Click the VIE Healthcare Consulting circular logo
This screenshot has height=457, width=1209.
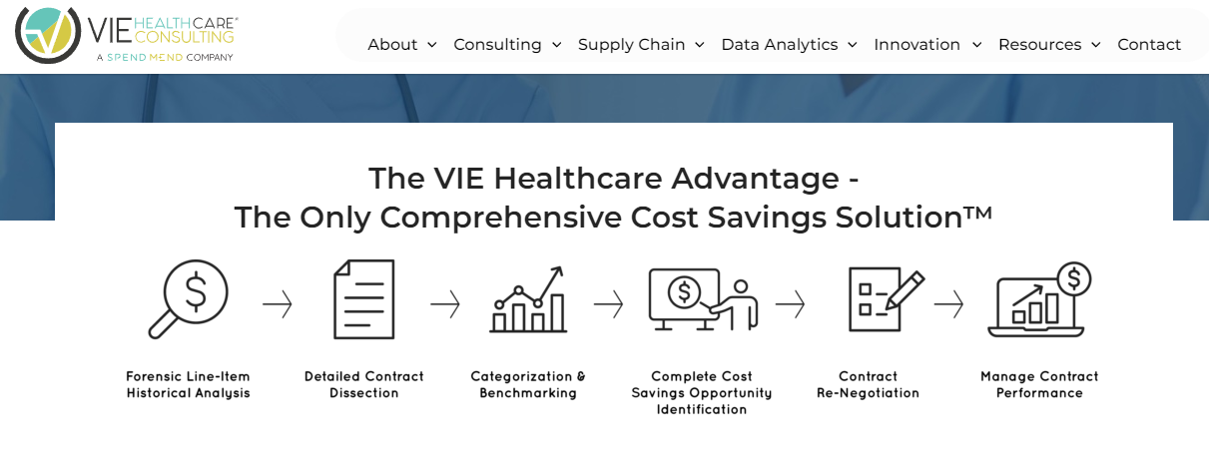point(48,35)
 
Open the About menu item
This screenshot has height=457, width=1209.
point(401,45)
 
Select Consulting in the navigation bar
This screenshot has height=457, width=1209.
point(507,45)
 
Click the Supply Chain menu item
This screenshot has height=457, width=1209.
point(641,45)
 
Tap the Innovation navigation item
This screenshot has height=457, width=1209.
point(927,45)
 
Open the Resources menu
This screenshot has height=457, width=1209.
point(1049,45)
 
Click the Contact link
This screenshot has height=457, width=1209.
point(1149,45)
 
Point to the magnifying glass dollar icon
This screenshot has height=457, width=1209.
point(189,298)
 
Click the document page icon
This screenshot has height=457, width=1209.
point(363,298)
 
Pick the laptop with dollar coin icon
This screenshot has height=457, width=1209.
point(1039,299)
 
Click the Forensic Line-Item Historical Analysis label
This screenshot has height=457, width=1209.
point(188,385)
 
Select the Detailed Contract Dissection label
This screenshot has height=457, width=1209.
point(364,385)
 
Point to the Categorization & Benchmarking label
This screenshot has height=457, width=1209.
point(528,385)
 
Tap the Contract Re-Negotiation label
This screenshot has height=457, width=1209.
point(868,385)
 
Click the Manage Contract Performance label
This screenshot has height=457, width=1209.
point(1039,385)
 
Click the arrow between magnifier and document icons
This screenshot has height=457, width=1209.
point(278,303)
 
